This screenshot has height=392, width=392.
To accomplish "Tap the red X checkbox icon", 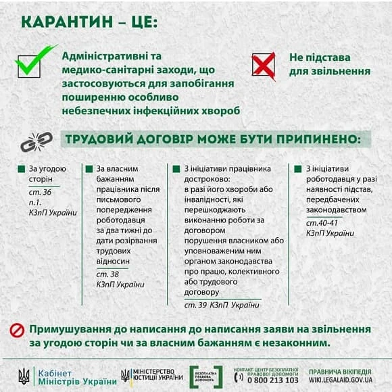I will (x=263, y=65).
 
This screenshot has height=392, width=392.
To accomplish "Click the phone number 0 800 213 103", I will (x=274, y=380).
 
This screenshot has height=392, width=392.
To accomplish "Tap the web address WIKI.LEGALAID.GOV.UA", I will (x=341, y=380).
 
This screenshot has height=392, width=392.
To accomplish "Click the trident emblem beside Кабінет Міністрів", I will (x=24, y=376).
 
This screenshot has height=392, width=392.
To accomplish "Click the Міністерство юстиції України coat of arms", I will (x=126, y=376).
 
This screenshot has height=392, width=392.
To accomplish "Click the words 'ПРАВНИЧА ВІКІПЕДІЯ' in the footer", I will (x=340, y=371).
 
